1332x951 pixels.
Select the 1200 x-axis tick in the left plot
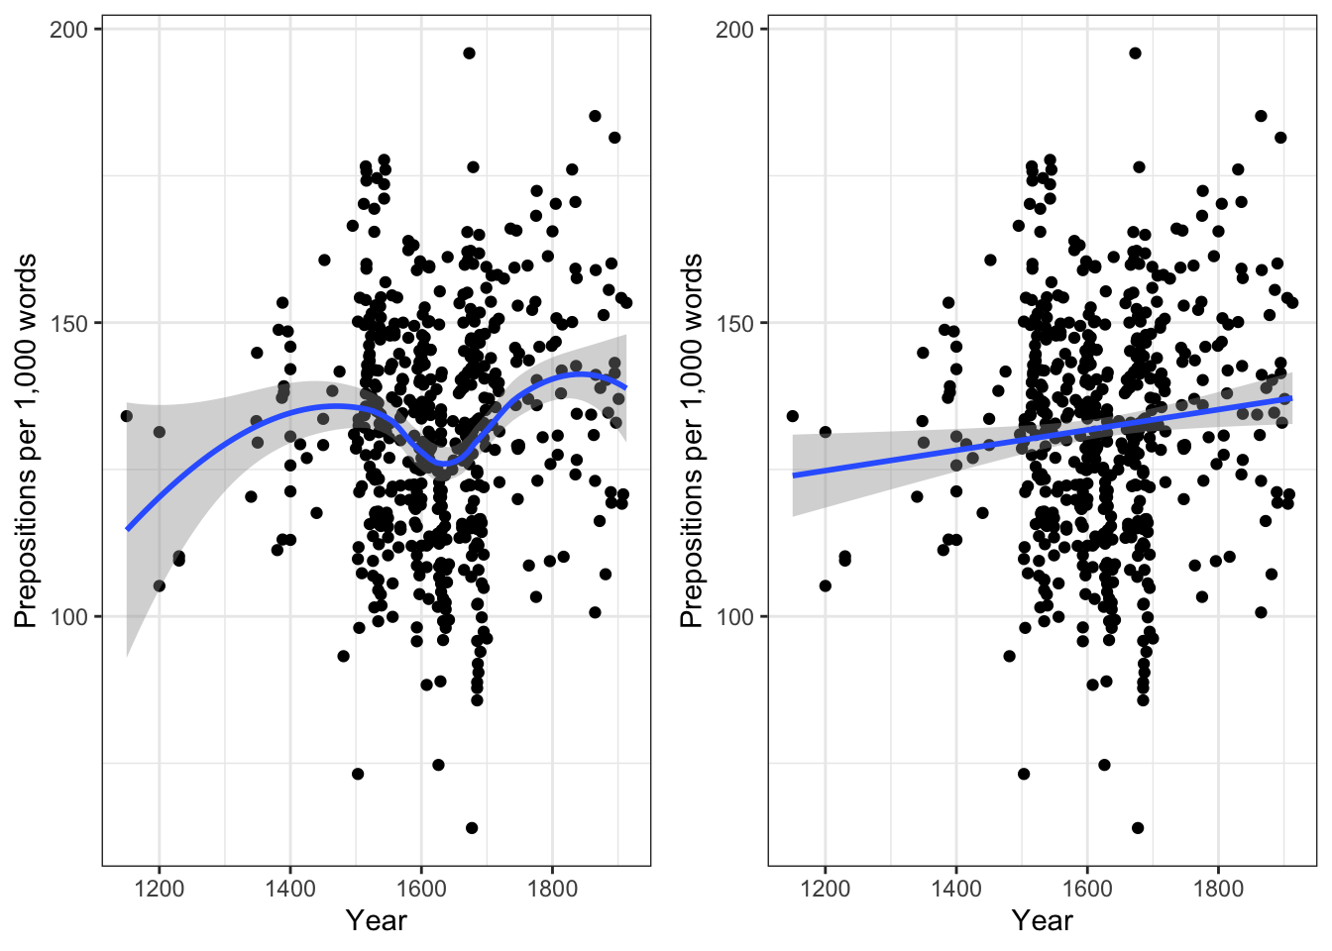(159, 888)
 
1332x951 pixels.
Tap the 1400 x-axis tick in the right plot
(955, 888)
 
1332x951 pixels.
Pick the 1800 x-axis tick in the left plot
(552, 888)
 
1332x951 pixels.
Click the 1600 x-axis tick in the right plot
(1087, 888)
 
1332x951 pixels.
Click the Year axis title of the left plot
(376, 921)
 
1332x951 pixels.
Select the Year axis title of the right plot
(1042, 921)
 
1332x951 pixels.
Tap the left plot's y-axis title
(26, 441)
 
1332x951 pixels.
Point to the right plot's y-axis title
(692, 441)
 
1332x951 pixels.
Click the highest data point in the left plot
(469, 53)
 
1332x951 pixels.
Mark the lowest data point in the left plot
(472, 828)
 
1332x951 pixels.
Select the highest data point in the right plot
(1135, 53)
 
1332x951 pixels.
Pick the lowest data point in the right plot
(1138, 828)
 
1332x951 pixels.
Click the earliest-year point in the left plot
(126, 416)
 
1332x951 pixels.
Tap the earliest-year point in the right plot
(792, 416)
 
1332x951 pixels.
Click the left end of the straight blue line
(793, 475)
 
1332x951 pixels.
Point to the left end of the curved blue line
(127, 529)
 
